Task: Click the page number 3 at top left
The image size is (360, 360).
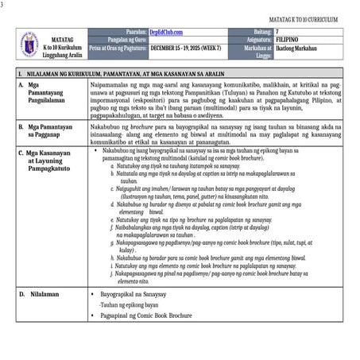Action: (x=3, y=5)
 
